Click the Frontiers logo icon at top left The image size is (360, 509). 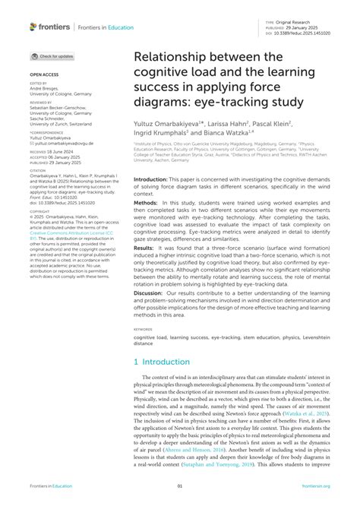pos(33,27)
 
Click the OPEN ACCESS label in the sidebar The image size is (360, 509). pos(43,75)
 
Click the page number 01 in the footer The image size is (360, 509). pos(180,486)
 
